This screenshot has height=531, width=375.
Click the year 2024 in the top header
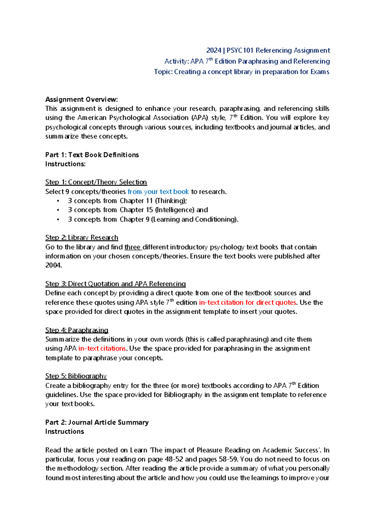click(214, 50)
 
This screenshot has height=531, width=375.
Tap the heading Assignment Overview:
click(82, 100)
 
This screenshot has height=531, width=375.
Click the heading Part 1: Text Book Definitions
click(92, 155)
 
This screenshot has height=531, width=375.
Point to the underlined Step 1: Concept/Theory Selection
click(96, 182)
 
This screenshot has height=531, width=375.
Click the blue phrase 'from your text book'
click(158, 192)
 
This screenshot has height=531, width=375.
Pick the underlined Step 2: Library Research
click(82, 238)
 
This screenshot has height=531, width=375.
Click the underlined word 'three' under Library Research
click(132, 247)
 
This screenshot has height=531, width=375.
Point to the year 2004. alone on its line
click(54, 265)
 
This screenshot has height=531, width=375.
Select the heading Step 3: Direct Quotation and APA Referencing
click(115, 284)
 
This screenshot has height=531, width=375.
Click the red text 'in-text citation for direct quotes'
click(247, 302)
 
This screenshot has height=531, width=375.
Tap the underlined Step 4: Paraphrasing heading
click(77, 330)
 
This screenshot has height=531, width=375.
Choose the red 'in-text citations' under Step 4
click(102, 348)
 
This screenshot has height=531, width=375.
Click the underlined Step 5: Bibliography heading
click(76, 376)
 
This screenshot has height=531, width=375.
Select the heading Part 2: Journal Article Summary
click(97, 422)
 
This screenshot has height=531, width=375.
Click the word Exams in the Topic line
click(320, 72)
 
